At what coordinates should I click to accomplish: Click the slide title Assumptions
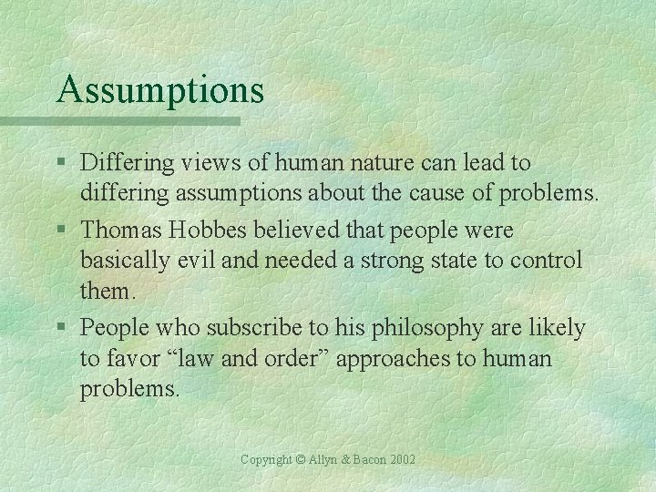pyautogui.click(x=159, y=89)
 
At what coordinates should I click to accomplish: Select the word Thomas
pyautogui.click(x=119, y=231)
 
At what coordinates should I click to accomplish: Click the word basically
pyautogui.click(x=120, y=261)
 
